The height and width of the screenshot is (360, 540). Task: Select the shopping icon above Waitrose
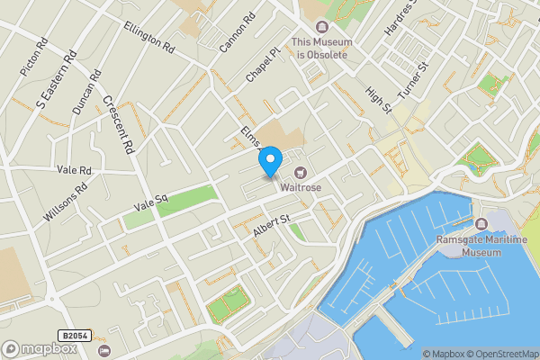tap(301, 172)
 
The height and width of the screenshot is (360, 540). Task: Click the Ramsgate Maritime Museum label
tap(481, 247)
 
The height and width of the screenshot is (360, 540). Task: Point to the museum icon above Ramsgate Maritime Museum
tap(482, 223)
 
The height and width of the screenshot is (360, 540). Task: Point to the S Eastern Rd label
tap(52, 85)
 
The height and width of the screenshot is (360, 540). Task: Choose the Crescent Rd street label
tap(117, 123)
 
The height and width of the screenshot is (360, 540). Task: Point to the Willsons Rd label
tap(67, 203)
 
